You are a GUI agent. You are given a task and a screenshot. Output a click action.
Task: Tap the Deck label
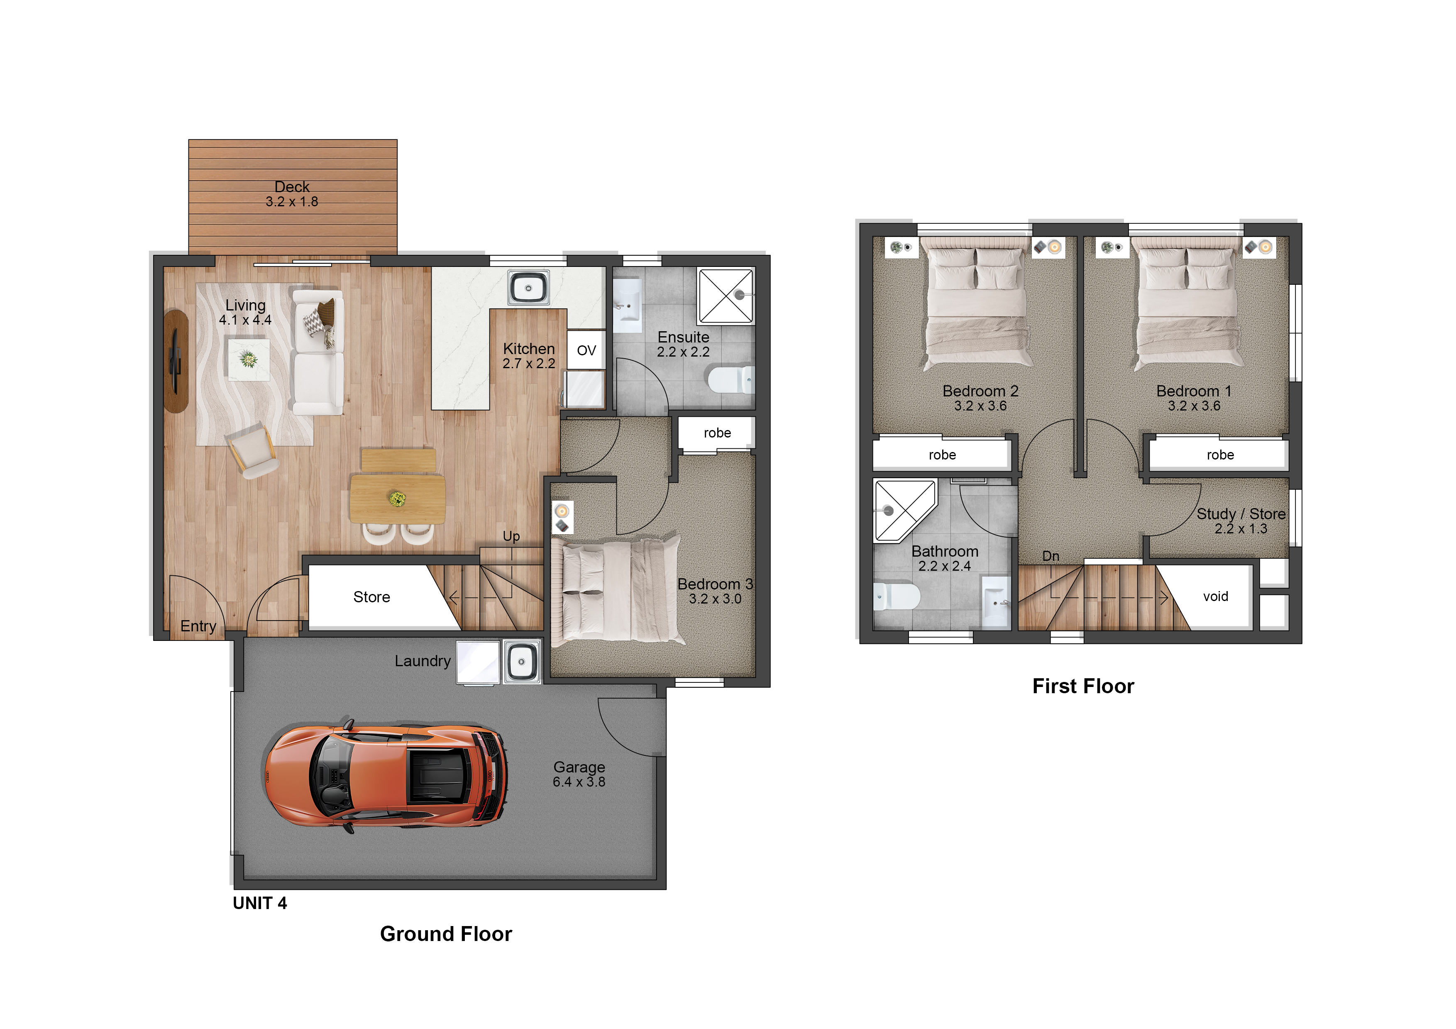292,187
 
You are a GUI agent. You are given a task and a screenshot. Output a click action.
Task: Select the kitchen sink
528,288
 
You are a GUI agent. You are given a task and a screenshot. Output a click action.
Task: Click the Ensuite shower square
726,296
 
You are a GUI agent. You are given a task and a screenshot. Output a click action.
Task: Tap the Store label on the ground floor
371,597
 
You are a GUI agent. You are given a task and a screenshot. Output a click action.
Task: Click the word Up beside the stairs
511,536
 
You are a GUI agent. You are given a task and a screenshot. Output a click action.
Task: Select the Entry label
198,626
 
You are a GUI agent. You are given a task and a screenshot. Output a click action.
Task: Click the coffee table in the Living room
249,359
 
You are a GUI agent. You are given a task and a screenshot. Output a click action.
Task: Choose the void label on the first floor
1216,596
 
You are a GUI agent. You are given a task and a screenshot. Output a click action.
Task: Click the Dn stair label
1051,556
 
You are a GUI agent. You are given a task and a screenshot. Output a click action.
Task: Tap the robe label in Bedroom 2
942,455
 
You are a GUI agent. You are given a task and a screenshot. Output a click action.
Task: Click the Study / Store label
1241,513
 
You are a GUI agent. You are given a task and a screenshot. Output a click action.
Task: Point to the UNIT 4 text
260,904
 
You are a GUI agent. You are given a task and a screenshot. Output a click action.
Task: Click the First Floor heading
1083,686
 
